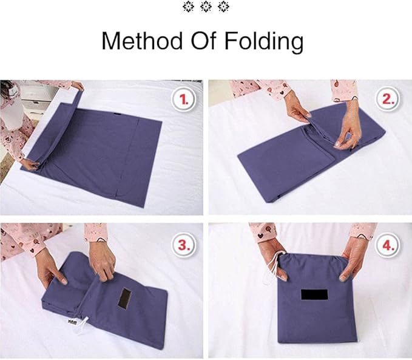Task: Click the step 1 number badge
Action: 183,100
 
